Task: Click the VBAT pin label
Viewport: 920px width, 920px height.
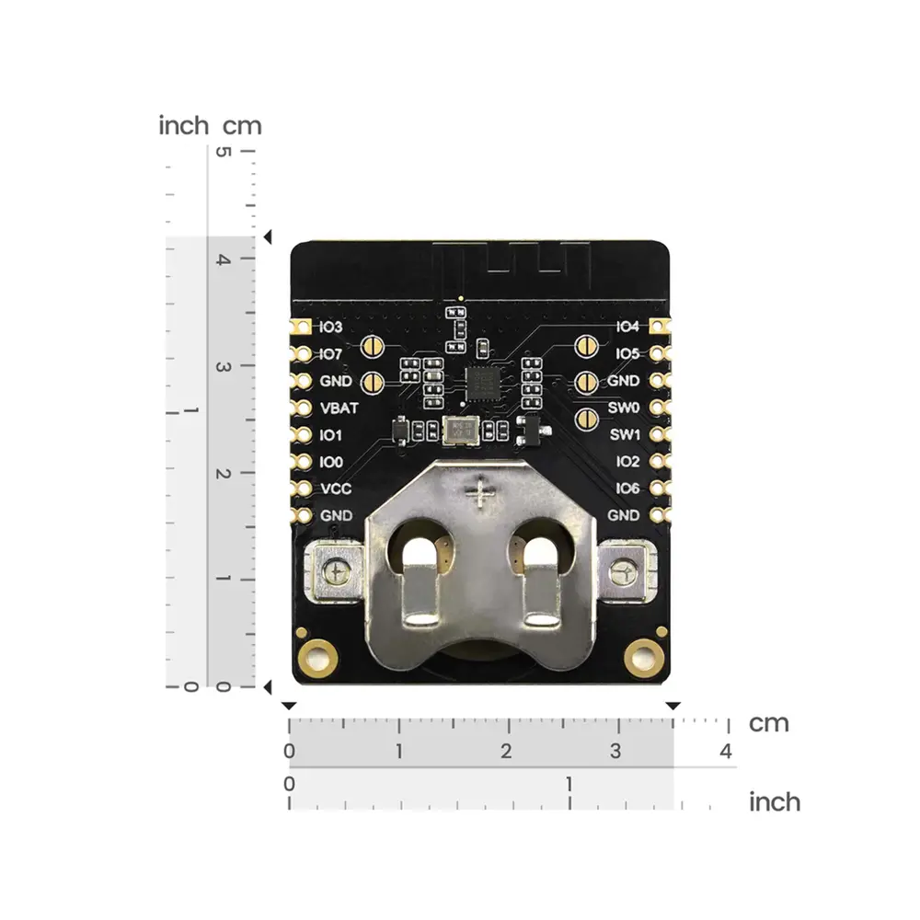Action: coord(339,408)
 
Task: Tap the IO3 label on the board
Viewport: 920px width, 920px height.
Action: coord(330,327)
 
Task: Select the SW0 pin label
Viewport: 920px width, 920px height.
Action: coord(623,408)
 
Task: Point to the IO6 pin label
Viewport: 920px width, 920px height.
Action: coord(627,489)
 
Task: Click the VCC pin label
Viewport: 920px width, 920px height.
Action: coord(336,489)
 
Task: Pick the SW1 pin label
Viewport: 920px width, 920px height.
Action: coord(625,435)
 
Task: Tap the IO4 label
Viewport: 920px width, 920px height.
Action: coord(627,327)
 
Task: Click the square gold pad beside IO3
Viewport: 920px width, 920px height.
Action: coord(302,327)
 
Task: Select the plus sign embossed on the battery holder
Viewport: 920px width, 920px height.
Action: coord(480,493)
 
